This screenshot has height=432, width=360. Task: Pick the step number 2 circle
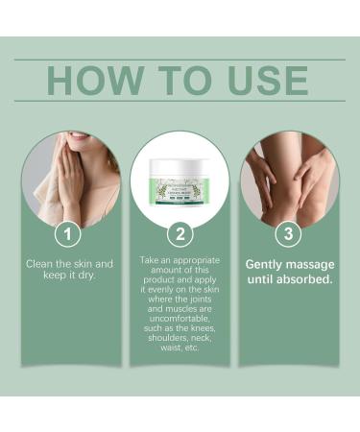(180, 232)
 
